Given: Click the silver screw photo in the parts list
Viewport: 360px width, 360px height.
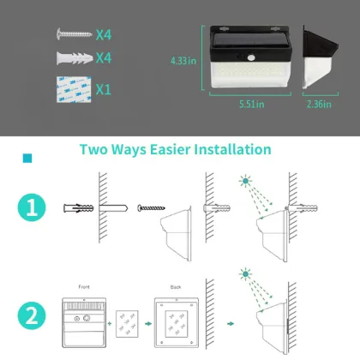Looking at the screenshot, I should click(x=75, y=34).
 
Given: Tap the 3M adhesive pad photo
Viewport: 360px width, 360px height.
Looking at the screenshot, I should click(x=75, y=88).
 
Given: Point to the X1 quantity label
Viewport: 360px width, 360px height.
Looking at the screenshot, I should click(x=104, y=89).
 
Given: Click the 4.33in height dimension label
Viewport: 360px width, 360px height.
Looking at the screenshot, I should click(x=184, y=61).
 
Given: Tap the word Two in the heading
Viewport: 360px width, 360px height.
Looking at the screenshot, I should click(x=93, y=150).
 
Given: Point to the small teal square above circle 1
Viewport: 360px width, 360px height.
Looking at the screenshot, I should click(x=27, y=158).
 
